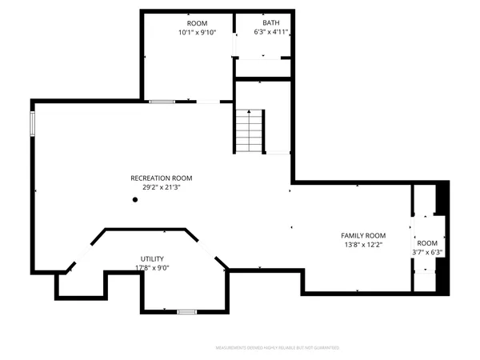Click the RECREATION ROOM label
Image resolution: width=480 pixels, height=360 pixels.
click(x=162, y=178)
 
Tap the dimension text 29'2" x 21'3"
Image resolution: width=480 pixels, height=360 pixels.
click(x=162, y=187)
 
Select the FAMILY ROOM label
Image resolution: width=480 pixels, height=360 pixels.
click(x=363, y=235)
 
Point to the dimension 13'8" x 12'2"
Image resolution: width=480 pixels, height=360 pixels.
click(x=363, y=245)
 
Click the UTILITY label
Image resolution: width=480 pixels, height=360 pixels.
click(x=152, y=259)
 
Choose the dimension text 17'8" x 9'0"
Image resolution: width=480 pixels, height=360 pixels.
click(x=152, y=269)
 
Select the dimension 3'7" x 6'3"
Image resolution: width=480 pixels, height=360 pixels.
click(x=426, y=252)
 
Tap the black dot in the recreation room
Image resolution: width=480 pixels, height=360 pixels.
click(x=135, y=200)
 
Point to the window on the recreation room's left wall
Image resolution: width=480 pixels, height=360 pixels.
click(x=33, y=124)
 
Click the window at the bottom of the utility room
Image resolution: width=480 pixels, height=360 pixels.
click(x=186, y=311)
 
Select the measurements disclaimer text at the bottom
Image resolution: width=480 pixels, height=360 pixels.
click(x=277, y=348)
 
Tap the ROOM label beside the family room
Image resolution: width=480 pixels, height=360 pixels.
click(x=426, y=242)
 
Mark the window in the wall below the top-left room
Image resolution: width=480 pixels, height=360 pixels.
click(x=162, y=102)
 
